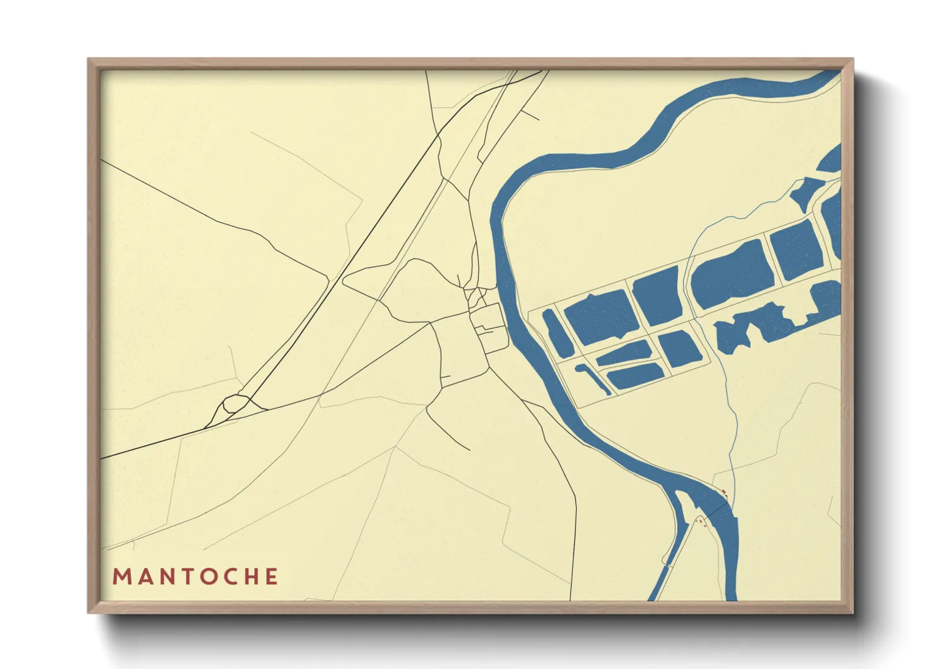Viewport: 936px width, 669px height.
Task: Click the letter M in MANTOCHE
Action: point(121,577)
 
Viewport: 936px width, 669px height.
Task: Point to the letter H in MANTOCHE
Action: point(250,577)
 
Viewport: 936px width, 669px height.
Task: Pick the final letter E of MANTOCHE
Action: point(271,577)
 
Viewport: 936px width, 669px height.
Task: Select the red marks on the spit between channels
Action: point(701,522)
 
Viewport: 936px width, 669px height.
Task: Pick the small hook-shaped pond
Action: point(593,378)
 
